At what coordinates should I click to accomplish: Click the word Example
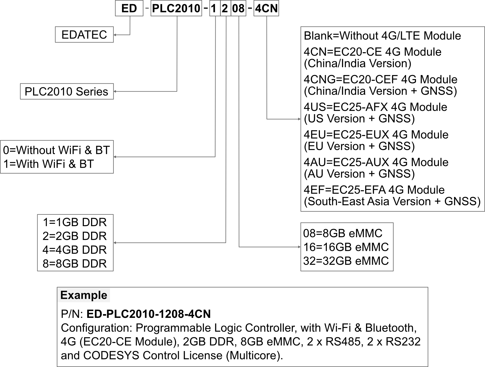[84, 295]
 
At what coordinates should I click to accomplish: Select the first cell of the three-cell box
[215, 8]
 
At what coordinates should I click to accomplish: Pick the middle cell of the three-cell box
[226, 8]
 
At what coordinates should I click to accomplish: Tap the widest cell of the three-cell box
[238, 8]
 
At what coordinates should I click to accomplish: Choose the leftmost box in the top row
[129, 8]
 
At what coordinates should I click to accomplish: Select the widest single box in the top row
[176, 8]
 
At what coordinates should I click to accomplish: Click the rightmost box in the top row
[266, 8]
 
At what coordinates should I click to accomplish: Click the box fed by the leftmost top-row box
[84, 34]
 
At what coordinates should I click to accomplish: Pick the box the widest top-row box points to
[67, 91]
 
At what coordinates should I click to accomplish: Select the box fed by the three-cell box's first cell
[57, 157]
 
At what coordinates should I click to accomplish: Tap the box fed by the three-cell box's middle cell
[75, 243]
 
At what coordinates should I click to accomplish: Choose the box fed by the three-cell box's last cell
[347, 247]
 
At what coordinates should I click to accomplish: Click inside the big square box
[392, 119]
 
